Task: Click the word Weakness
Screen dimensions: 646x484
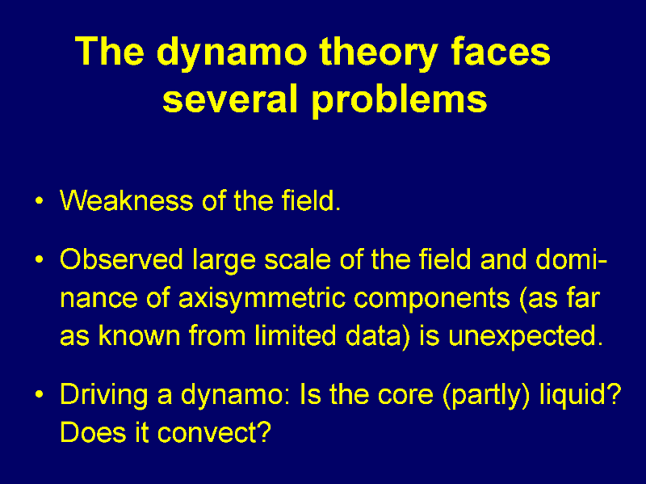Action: pyautogui.click(x=127, y=200)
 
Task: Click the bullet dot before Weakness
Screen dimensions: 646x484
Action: pyautogui.click(x=39, y=201)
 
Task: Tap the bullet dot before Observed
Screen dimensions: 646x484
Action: pyautogui.click(x=39, y=260)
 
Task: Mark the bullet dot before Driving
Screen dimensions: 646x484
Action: pyautogui.click(x=39, y=394)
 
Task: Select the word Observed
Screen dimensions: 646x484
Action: pyautogui.click(x=122, y=259)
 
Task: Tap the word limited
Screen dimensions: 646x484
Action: pyautogui.click(x=295, y=335)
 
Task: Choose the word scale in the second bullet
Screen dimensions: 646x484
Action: pyautogui.click(x=297, y=259)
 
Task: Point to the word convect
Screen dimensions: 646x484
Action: pyautogui.click(x=214, y=433)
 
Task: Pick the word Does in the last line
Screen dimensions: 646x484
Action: pyautogui.click(x=93, y=432)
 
